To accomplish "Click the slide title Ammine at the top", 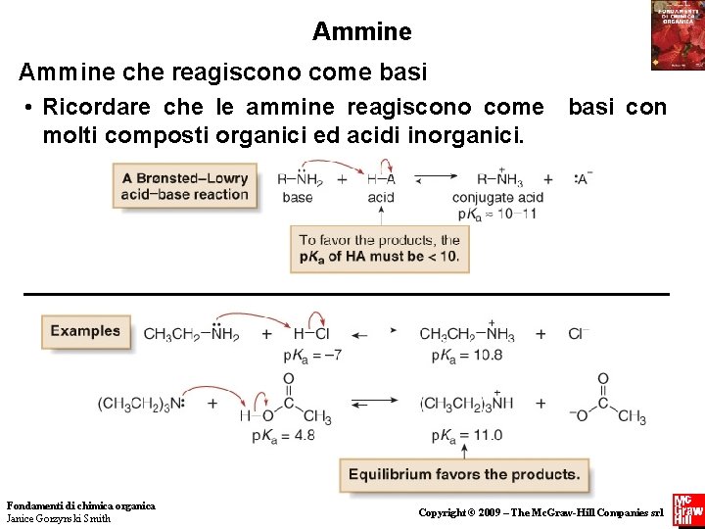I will point(361,31).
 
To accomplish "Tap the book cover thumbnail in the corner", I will point(677,34).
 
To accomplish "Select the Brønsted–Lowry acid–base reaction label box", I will point(185,186).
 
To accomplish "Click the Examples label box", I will point(85,331).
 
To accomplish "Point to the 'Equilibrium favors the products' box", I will point(464,474).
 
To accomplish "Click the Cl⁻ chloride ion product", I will point(579,334).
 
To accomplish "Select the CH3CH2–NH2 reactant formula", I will point(191,333).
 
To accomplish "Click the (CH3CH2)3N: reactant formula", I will point(143,403).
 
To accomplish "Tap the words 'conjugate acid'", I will point(497,197).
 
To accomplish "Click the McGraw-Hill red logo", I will point(687,510).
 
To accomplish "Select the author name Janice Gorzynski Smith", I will point(59,518).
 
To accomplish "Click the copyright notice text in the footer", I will point(540,512).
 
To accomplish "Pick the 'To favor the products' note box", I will point(378,249).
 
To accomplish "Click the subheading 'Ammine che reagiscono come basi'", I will point(222,72).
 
